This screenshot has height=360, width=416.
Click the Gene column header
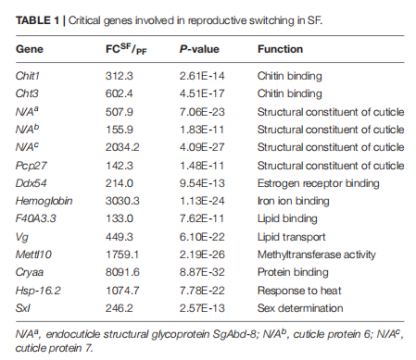(x=30, y=49)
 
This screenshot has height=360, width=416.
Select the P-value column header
(x=199, y=49)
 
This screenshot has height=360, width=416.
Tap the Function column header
(x=280, y=49)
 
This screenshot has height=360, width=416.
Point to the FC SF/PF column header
(x=126, y=49)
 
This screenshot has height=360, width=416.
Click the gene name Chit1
(x=28, y=76)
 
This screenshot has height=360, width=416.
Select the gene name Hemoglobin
(x=44, y=201)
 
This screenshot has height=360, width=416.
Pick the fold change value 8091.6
(x=122, y=272)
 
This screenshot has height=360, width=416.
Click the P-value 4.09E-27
(x=202, y=147)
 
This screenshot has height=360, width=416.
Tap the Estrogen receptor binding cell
(x=319, y=183)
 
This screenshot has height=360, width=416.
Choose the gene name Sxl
(x=23, y=308)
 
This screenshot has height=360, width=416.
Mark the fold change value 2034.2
(x=122, y=147)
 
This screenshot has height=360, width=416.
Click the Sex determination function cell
(x=300, y=308)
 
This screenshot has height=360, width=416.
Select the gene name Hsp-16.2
(x=38, y=291)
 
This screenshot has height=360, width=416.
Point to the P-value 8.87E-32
(x=202, y=272)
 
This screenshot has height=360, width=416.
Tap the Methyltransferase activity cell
(x=317, y=254)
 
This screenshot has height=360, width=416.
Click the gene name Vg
(x=22, y=237)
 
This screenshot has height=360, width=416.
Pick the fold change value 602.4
(x=120, y=93)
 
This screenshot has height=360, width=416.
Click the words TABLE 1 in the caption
(x=37, y=20)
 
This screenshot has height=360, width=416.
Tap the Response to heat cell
(x=299, y=291)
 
